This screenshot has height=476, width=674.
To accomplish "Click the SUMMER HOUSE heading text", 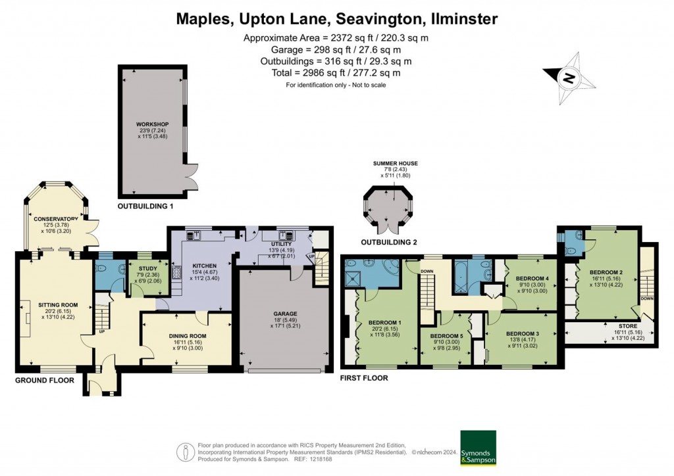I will coord(395,163).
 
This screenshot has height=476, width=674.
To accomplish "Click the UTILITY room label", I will coord(280,244).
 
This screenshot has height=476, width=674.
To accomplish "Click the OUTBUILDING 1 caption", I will coord(145,206).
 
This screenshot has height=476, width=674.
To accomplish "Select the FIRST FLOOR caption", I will coord(363,378).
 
